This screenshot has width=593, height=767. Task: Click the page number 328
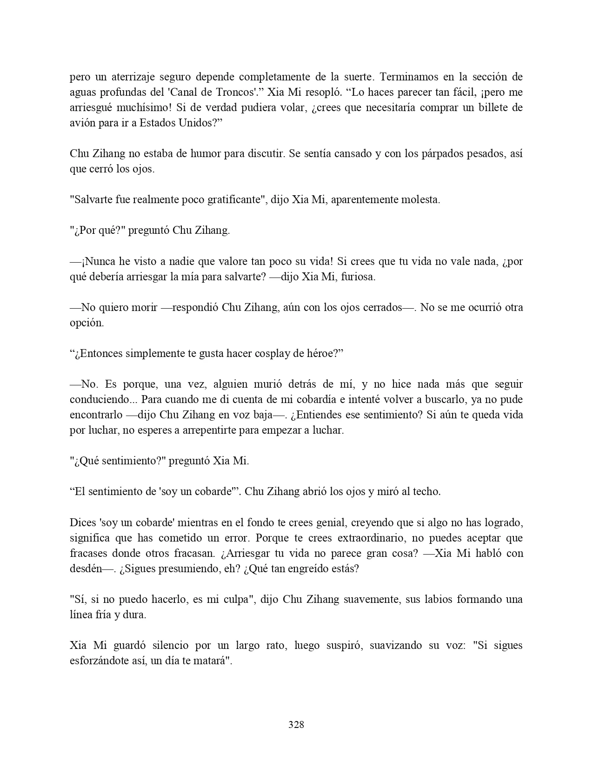(x=296, y=724)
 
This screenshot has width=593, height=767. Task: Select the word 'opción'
(x=87, y=323)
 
